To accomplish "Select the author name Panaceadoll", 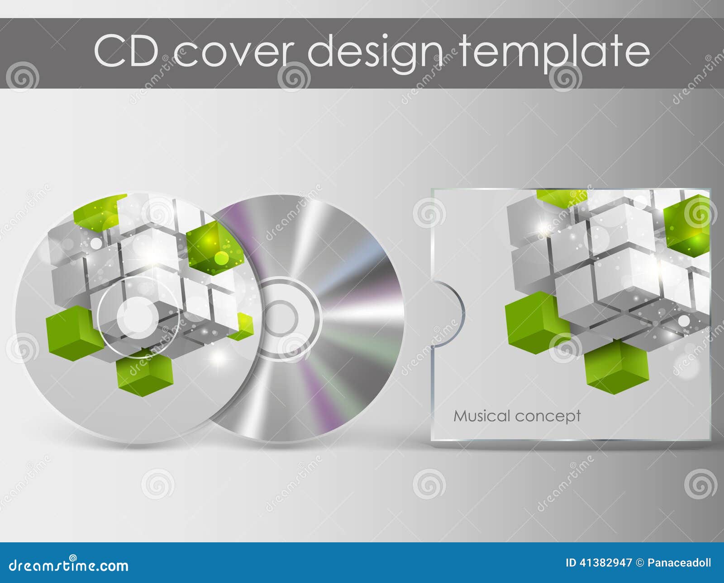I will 679,563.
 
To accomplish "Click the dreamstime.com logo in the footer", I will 69,565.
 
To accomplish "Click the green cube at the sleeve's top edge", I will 561,197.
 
